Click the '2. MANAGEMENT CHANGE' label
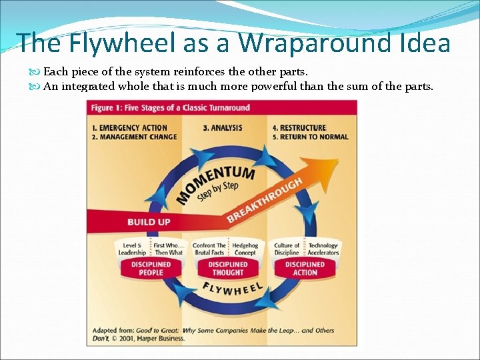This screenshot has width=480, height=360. click(x=135, y=137)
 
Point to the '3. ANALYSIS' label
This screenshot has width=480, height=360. click(x=222, y=128)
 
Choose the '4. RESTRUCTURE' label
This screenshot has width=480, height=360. click(x=299, y=128)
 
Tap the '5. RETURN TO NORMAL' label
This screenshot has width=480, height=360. click(x=310, y=137)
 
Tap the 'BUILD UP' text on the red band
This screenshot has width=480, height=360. click(x=149, y=222)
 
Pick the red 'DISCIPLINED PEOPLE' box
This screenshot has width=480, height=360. click(x=151, y=268)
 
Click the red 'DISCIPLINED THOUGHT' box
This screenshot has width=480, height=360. click(x=227, y=268)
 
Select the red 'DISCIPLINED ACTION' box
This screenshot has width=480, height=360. click(x=305, y=268)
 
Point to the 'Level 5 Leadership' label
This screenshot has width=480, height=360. click(x=132, y=249)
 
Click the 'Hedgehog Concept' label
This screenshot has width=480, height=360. click(x=245, y=249)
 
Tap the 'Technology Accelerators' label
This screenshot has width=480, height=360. click(x=323, y=249)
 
